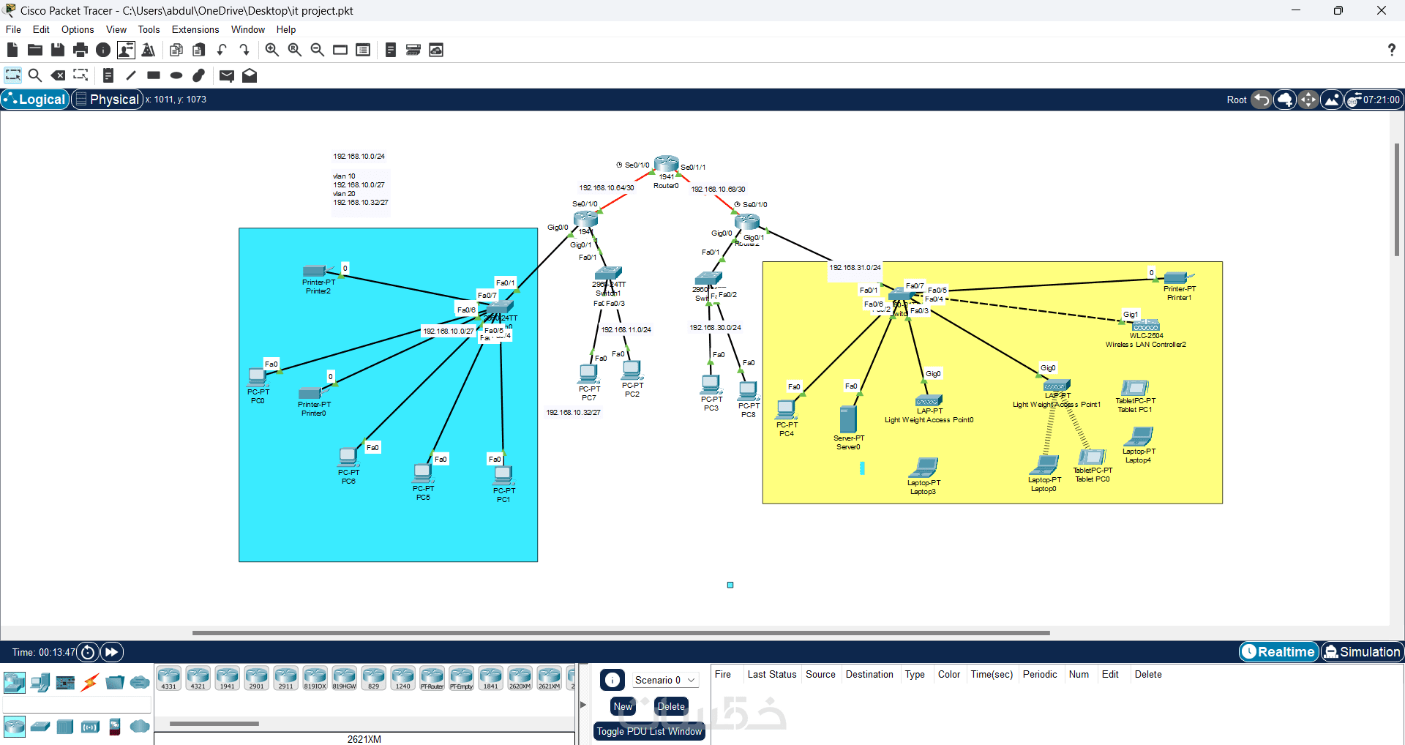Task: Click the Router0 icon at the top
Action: [666, 164]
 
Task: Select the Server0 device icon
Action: [848, 420]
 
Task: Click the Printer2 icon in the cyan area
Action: [315, 271]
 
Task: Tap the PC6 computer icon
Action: [348, 457]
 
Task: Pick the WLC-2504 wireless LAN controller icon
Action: [1145, 326]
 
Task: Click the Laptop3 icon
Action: [924, 467]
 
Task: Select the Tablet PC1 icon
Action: [1134, 388]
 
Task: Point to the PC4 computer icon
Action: [786, 410]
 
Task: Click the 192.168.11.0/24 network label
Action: [626, 330]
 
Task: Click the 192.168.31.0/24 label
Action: [855, 268]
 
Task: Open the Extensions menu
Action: [195, 30]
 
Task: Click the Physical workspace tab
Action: [108, 100]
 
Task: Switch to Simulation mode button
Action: [1362, 651]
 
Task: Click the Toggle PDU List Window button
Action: [649, 731]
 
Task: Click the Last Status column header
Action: [771, 674]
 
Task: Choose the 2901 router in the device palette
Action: [256, 678]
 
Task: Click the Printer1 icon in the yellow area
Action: [1176, 278]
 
